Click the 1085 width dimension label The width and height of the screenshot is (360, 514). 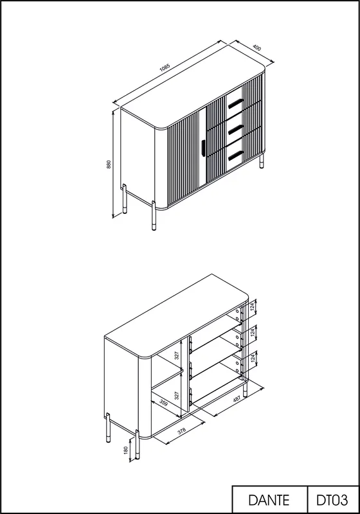pyautogui.click(x=165, y=67)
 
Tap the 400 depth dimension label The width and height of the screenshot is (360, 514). pyautogui.click(x=257, y=48)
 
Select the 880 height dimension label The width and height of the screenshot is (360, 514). pyautogui.click(x=109, y=164)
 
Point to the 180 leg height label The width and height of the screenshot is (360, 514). pyautogui.click(x=125, y=450)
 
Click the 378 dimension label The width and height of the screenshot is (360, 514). pyautogui.click(x=182, y=430)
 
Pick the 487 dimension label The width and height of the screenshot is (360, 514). pyautogui.click(x=237, y=398)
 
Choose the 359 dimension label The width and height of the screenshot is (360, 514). pyautogui.click(x=163, y=402)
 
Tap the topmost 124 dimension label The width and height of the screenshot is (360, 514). pyautogui.click(x=252, y=307)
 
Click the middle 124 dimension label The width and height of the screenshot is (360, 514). pyautogui.click(x=252, y=333)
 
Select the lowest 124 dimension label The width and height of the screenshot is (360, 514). pyautogui.click(x=252, y=358)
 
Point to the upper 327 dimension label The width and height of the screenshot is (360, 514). pyautogui.click(x=177, y=355)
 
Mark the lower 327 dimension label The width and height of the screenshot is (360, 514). pyautogui.click(x=177, y=395)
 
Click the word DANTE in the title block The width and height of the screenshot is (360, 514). pyautogui.click(x=269, y=501)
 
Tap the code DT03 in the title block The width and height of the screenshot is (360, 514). pyautogui.click(x=332, y=501)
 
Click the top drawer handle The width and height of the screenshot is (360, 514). pyautogui.click(x=235, y=103)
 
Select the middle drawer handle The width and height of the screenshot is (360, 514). pyautogui.click(x=235, y=130)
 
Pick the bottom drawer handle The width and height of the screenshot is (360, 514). pyautogui.click(x=235, y=155)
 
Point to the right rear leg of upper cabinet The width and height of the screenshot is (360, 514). pyautogui.click(x=262, y=161)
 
